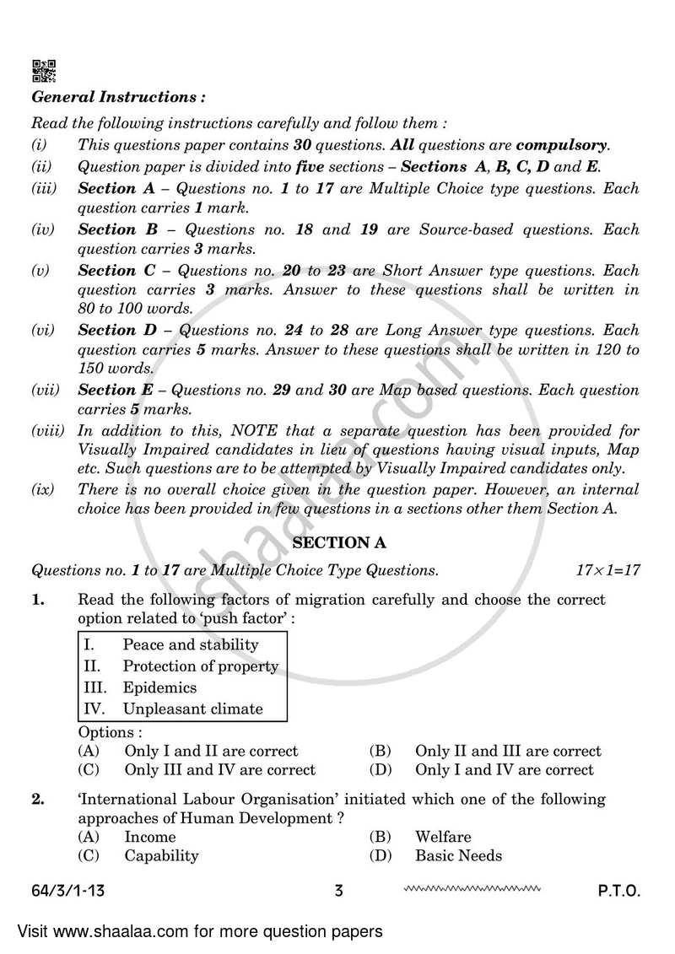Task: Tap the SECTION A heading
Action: pyautogui.click(x=337, y=543)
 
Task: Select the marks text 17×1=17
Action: pyautogui.click(x=607, y=570)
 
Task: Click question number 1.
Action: pyautogui.click(x=37, y=600)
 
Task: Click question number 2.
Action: pyautogui.click(x=37, y=799)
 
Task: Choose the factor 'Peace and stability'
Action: pyautogui.click(x=191, y=644)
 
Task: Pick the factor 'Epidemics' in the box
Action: pyautogui.click(x=159, y=687)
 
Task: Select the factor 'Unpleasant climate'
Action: pyautogui.click(x=192, y=709)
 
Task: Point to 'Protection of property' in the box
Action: pyautogui.click(x=200, y=666)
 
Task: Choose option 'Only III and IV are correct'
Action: pyautogui.click(x=219, y=769)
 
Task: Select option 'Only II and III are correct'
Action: pyautogui.click(x=508, y=751)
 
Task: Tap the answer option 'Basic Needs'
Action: pyautogui.click(x=458, y=855)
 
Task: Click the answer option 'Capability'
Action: pyautogui.click(x=161, y=855)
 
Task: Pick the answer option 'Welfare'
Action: pyautogui.click(x=443, y=837)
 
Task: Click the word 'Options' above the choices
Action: pyautogui.click(x=110, y=732)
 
